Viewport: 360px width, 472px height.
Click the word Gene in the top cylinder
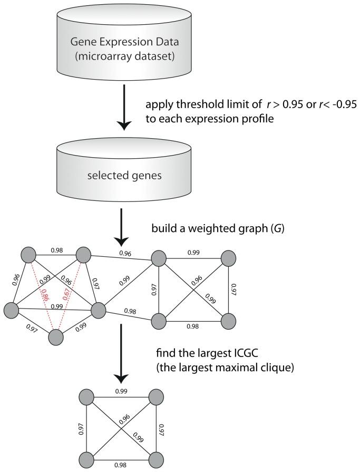[x=81, y=42]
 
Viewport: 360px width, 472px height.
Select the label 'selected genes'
[x=124, y=175]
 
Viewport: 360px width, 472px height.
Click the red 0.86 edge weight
[x=45, y=295]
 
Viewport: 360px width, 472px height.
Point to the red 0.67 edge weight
[x=67, y=294]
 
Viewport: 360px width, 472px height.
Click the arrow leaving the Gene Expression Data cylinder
[x=124, y=108]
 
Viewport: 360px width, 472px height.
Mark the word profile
[x=259, y=119]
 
